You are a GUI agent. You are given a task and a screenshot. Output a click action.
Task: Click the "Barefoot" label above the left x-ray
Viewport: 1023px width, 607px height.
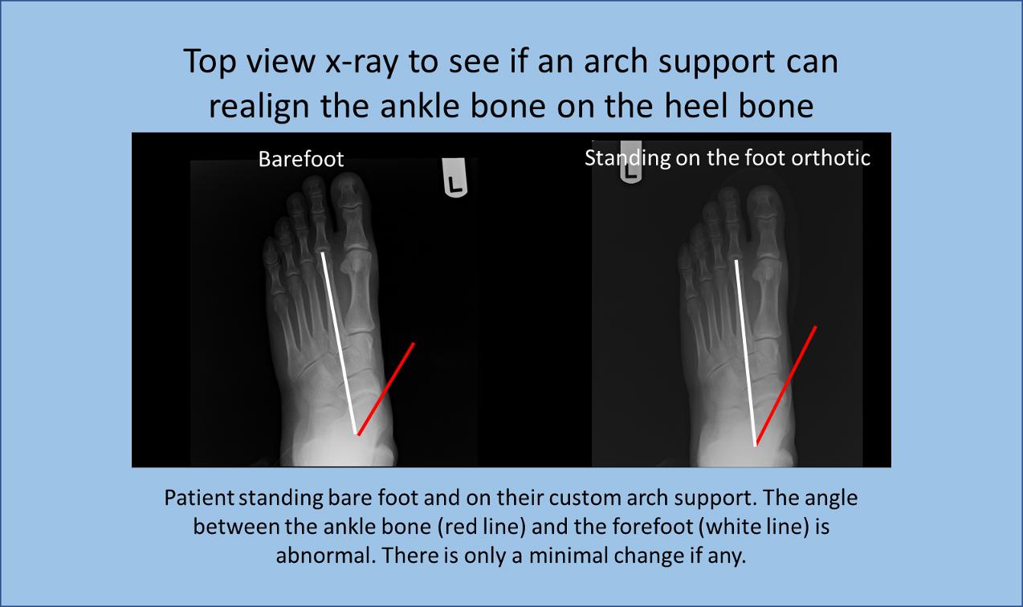point(301,159)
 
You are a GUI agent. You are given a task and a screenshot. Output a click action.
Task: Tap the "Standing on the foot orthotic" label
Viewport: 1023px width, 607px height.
point(728,158)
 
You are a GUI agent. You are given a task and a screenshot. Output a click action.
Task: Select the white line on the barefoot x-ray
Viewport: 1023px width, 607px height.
point(340,343)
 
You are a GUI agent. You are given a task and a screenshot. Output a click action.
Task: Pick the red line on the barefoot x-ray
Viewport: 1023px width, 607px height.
point(386,389)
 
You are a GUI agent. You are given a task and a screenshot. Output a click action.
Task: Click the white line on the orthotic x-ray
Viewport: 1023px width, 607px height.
point(745,352)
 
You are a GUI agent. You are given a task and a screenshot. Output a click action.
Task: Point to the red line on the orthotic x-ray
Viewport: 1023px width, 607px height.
point(785,386)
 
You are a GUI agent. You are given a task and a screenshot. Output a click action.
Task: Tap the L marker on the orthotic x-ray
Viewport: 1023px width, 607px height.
point(630,168)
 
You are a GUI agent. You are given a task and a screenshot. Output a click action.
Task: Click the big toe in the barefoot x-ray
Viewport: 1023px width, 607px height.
point(350,213)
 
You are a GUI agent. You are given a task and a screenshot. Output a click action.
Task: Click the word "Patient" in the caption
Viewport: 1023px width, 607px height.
point(198,498)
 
